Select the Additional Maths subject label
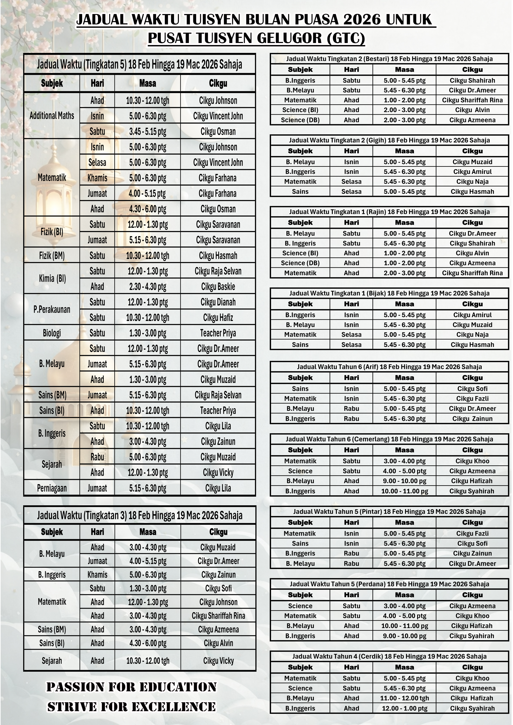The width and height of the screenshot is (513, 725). pyautogui.click(x=52, y=116)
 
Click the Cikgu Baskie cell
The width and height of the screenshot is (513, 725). pyautogui.click(x=218, y=286)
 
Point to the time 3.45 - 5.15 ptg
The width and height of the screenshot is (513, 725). pyautogui.click(x=148, y=131)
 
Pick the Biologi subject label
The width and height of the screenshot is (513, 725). pyautogui.click(x=52, y=333)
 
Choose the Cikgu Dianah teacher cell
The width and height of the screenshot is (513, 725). pyautogui.click(x=218, y=302)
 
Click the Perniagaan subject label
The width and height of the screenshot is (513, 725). pyautogui.click(x=52, y=488)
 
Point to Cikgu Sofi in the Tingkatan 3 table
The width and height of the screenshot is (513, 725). pyautogui.click(x=218, y=588)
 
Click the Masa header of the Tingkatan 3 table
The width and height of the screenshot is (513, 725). pyautogui.click(x=148, y=532)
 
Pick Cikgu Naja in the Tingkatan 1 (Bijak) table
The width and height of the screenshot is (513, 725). pyautogui.click(x=472, y=334)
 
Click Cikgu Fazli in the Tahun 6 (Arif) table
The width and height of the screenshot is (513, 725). pyautogui.click(x=472, y=398)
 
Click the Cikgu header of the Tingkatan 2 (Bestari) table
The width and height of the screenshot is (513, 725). pyautogui.click(x=472, y=69)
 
